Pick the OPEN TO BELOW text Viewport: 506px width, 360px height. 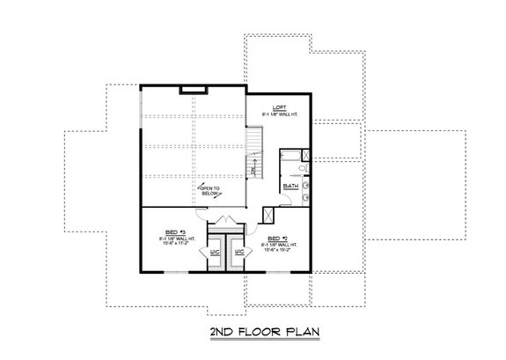pyautogui.click(x=209, y=190)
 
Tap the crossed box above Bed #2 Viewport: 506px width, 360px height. pyautogui.click(x=269, y=213)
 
